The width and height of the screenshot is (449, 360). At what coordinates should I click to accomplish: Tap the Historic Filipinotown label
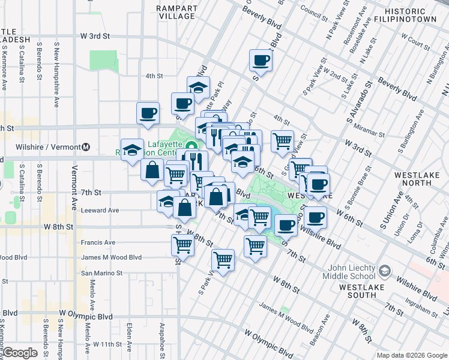pos(414,16)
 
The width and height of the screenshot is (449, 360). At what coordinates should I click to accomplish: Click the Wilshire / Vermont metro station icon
pos(86,146)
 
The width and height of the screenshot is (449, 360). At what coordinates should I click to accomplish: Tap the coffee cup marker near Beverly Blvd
pos(261,60)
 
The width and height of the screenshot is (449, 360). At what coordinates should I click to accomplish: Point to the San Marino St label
pos(101,272)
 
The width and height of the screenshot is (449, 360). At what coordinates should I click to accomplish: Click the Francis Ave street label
pos(98,242)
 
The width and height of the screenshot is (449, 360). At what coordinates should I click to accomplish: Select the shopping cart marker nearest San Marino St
pos(223,260)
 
